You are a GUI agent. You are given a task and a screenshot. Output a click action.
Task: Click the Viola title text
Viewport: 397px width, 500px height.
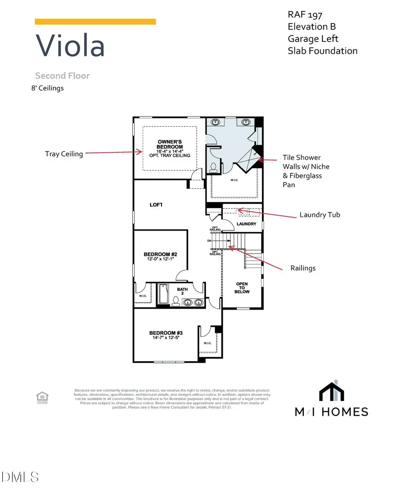pos(70,45)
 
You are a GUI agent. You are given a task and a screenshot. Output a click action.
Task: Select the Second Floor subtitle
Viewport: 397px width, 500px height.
pos(62,76)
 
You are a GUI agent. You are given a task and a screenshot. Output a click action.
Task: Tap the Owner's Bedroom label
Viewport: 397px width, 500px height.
pos(170,144)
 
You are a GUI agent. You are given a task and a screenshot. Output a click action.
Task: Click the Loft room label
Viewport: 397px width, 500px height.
pos(156,205)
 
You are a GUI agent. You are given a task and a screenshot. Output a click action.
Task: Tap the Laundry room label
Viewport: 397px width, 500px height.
pos(246,224)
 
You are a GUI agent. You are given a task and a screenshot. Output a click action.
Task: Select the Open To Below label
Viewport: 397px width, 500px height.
pos(242,288)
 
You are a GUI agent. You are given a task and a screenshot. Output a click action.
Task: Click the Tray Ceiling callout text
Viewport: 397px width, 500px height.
pos(64,154)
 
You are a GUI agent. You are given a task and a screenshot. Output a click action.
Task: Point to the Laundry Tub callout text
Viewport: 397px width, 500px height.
pos(320,215)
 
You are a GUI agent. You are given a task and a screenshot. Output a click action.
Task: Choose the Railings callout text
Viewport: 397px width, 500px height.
pos(303,268)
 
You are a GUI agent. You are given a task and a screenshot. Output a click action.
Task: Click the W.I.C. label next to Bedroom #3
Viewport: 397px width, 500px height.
pos(207,343)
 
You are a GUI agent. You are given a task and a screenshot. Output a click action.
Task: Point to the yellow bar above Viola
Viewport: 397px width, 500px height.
pos(95,22)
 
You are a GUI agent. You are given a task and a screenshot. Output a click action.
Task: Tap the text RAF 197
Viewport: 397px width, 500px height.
pos(304,15)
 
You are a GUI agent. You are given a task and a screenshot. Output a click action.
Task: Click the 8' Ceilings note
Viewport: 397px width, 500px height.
pos(45,88)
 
